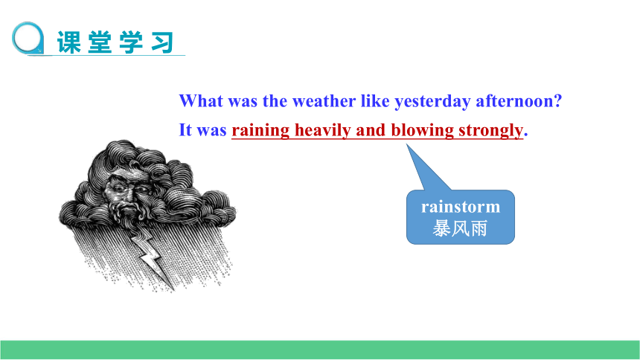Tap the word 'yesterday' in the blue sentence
(x=432, y=102)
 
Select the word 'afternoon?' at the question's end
(x=519, y=101)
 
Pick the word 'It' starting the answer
(x=185, y=130)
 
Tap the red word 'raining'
(x=260, y=131)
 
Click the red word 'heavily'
(x=322, y=131)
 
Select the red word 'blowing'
(x=422, y=131)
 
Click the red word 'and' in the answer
(x=371, y=130)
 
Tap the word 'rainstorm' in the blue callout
(x=461, y=207)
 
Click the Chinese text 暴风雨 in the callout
(x=460, y=228)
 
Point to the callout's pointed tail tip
(x=406, y=144)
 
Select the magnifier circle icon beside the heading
(x=28, y=38)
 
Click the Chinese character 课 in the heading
(x=69, y=42)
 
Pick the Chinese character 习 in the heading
(x=162, y=42)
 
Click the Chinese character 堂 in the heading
(x=100, y=42)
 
